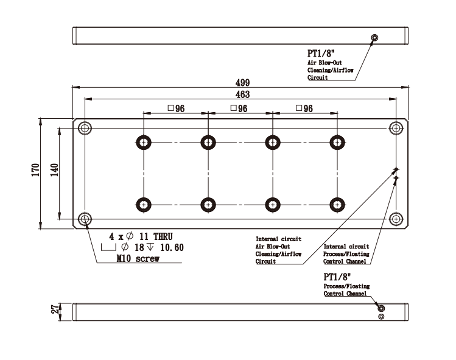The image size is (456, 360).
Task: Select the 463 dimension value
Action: click(242, 95)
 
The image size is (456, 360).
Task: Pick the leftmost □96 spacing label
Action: click(176, 108)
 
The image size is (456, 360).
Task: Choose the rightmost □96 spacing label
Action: click(303, 108)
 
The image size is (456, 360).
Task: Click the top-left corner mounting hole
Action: click(85, 128)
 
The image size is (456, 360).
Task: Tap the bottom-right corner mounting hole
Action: click(397, 218)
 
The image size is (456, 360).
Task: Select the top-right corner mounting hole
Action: click(397, 128)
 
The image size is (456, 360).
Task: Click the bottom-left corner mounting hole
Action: click(85, 218)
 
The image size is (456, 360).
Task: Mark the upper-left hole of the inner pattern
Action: click(144, 142)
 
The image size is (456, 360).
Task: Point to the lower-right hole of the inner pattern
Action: click(336, 205)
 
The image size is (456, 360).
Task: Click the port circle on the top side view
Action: click(374, 38)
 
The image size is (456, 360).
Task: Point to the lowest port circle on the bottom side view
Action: click(381, 317)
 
